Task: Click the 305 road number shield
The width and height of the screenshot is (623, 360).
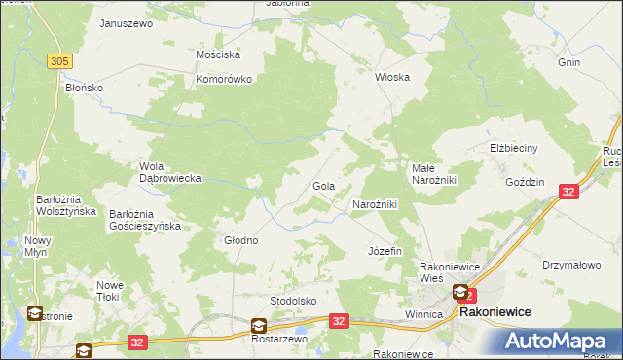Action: pos(59,61)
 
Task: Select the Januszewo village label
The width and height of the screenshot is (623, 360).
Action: pos(127,22)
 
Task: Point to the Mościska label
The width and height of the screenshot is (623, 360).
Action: pos(218,55)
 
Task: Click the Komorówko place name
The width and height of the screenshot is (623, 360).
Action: pos(225,79)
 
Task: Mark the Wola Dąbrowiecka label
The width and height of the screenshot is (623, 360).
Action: pos(169,172)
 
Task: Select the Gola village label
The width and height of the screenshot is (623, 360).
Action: pos(323,185)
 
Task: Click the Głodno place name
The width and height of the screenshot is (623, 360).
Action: pos(241,240)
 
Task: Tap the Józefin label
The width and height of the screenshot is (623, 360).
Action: pos(385,251)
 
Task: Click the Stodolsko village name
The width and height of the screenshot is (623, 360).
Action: pos(294,301)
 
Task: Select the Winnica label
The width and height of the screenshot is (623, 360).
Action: pos(423,315)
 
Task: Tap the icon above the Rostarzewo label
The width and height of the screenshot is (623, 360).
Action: pos(259,326)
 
